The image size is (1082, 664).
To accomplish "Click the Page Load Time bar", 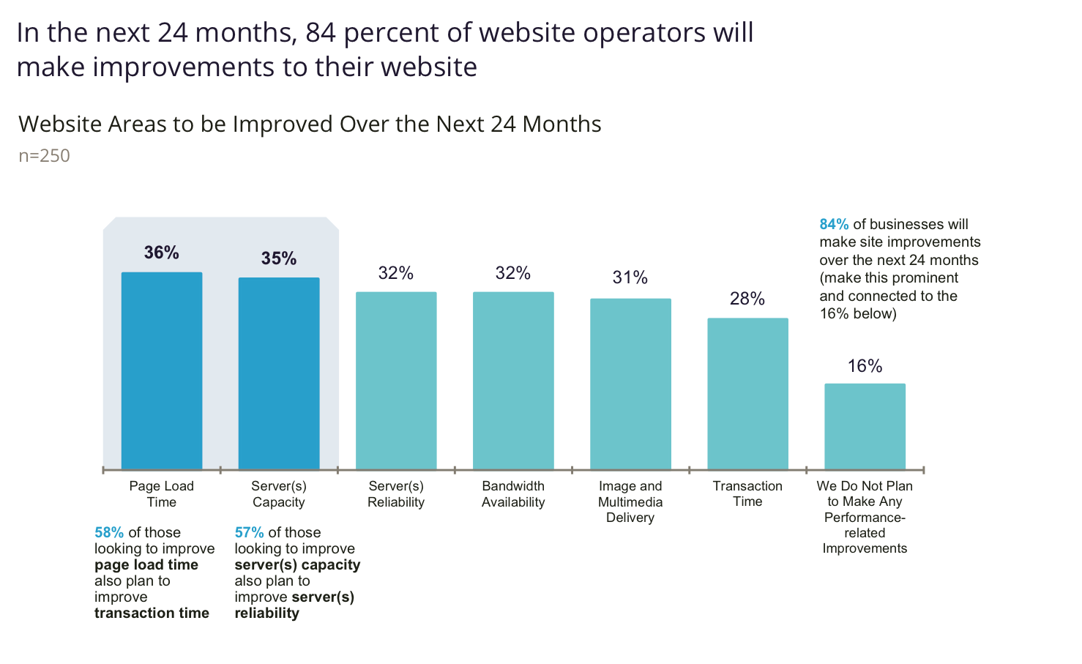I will click(162, 370).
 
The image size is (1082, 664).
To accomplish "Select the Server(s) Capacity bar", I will click(279, 373).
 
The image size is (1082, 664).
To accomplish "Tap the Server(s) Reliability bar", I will click(396, 381).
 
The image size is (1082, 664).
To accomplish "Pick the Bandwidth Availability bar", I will click(513, 381).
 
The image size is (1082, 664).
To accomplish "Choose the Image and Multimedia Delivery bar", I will click(630, 384).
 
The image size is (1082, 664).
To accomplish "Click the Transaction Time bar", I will click(747, 394).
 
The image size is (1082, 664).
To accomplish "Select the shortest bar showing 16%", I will click(865, 426).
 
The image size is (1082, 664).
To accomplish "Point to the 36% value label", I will click(162, 253).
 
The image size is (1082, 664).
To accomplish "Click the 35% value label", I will click(279, 258).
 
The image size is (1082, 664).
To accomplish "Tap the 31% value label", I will click(630, 277).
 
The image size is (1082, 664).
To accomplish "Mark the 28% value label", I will click(747, 299).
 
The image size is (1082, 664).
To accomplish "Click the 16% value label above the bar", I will click(865, 366).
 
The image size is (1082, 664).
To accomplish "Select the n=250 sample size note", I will click(44, 156).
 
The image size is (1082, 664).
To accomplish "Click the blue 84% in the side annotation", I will click(834, 225).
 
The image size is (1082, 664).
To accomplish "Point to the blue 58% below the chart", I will click(109, 533).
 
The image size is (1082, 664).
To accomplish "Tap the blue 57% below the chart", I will click(249, 533).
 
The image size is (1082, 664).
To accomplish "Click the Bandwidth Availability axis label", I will click(513, 494).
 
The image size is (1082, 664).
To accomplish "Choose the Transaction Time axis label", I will click(747, 493).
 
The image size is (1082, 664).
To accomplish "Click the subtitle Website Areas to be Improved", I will click(310, 124).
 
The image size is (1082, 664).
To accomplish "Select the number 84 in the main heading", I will click(321, 33).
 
